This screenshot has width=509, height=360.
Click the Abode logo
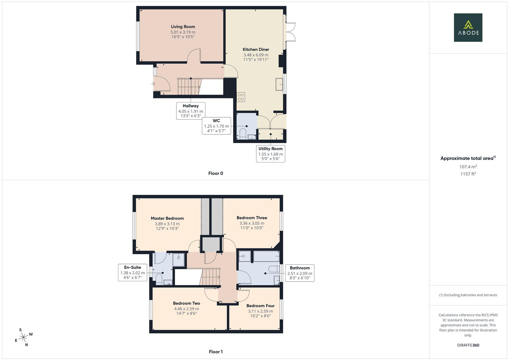[x=468, y=28]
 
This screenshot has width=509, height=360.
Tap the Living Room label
[x=183, y=27]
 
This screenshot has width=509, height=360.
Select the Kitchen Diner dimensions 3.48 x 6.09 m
[x=256, y=55]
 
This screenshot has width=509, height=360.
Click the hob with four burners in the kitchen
[x=241, y=97]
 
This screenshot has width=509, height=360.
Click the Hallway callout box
[x=190, y=111]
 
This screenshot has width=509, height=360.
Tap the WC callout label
[x=216, y=121]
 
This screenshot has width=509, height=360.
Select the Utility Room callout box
[x=270, y=154]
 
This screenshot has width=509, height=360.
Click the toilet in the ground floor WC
[x=243, y=134]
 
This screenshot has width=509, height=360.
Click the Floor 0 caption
[x=216, y=173]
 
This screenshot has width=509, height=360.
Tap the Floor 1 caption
[x=216, y=352]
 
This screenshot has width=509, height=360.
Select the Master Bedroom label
[x=167, y=218]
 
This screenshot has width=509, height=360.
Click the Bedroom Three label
[x=252, y=218]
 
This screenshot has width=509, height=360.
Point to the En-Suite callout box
[x=132, y=272]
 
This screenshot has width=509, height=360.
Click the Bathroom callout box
[x=299, y=273]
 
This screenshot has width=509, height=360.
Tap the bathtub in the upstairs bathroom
[x=266, y=256]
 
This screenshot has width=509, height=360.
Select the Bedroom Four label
[x=260, y=306]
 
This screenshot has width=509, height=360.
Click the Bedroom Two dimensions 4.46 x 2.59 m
[x=186, y=309]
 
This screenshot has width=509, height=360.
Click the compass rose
[x=23, y=338]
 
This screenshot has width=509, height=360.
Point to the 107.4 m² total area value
[x=468, y=167]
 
